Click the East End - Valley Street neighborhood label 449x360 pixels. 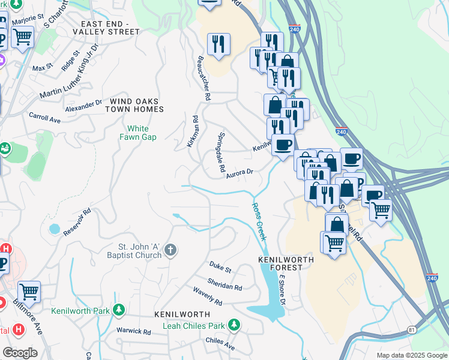(x=110, y=28)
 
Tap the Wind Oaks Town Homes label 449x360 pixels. (x=134, y=106)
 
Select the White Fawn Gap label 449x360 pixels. (x=142, y=133)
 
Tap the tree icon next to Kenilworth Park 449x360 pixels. (x=119, y=310)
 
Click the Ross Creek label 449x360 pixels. (x=259, y=221)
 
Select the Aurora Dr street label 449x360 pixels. (x=241, y=173)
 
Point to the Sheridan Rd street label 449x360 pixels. (x=224, y=284)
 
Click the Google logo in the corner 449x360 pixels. (x=20, y=353)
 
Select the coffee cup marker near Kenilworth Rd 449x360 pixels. (x=283, y=145)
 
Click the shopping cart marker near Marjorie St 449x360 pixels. (x=22, y=37)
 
